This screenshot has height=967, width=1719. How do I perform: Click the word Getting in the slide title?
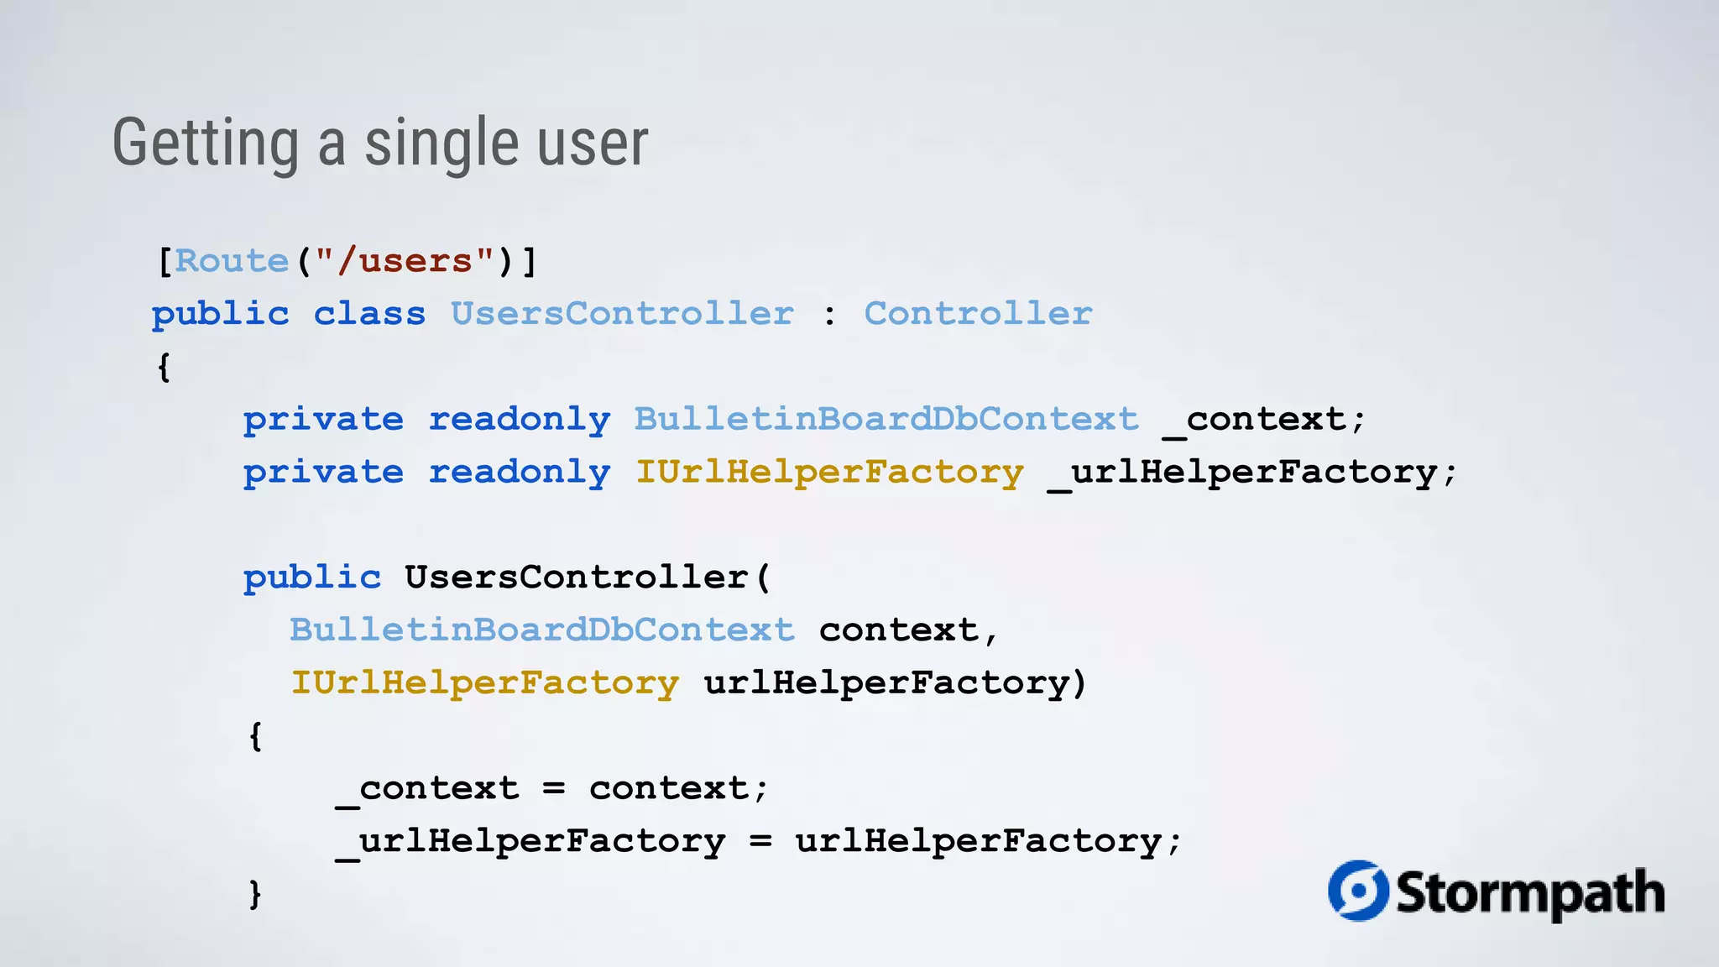point(206,144)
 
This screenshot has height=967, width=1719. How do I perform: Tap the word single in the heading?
point(442,144)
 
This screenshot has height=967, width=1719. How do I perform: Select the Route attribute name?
point(232,261)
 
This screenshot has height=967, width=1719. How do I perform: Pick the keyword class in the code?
point(369,314)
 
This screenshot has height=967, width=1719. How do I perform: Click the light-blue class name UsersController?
point(622,314)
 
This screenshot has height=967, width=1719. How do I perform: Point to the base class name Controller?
point(978,314)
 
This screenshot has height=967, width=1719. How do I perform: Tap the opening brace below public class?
point(165,367)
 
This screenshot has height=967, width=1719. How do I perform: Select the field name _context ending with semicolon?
point(1263,420)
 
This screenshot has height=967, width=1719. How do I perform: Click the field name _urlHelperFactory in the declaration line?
point(1251,473)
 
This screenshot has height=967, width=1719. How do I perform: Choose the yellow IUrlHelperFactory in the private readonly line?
point(829,473)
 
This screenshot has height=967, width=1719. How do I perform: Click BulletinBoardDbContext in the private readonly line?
point(886,420)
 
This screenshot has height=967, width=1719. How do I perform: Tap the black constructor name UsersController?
point(577,578)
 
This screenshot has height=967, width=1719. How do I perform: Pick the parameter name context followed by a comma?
point(898,630)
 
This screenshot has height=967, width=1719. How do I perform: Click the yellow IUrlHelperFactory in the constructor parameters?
point(485,683)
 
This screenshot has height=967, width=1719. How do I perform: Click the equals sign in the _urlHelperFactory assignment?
point(760,841)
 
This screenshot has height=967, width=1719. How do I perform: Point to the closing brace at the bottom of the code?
point(255,894)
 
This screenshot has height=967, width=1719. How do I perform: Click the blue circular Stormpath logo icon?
point(1357,891)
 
